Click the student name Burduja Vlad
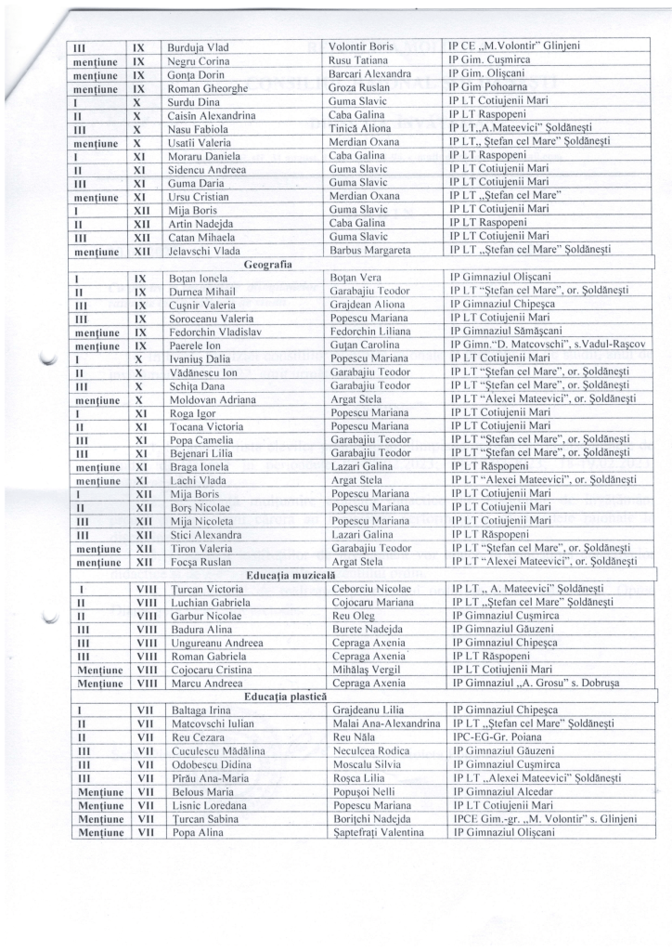198,46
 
